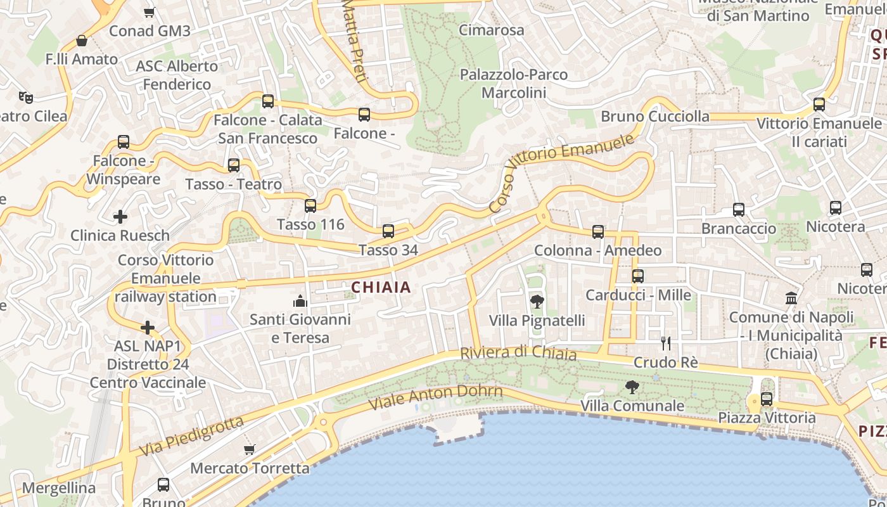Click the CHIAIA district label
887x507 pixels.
click(x=381, y=287)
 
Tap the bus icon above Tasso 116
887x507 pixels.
click(x=310, y=206)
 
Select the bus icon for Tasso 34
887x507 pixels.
click(x=388, y=231)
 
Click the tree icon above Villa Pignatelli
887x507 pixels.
click(x=537, y=301)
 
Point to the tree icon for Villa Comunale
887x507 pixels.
click(x=632, y=387)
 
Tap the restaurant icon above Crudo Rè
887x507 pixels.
click(x=665, y=343)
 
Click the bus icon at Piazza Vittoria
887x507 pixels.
click(x=767, y=399)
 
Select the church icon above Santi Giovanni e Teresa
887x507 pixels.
click(x=300, y=300)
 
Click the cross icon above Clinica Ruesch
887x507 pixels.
click(x=120, y=217)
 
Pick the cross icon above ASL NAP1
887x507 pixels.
click(x=148, y=328)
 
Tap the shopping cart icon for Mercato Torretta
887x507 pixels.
click(x=250, y=449)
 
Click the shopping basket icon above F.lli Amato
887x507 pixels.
click(x=82, y=41)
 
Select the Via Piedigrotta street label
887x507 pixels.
click(x=191, y=436)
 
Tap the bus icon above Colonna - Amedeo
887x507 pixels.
click(x=598, y=232)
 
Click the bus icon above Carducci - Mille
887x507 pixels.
click(x=638, y=276)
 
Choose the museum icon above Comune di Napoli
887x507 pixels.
click(x=791, y=298)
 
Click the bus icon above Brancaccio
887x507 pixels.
click(x=738, y=210)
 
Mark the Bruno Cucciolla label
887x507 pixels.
click(x=655, y=116)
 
